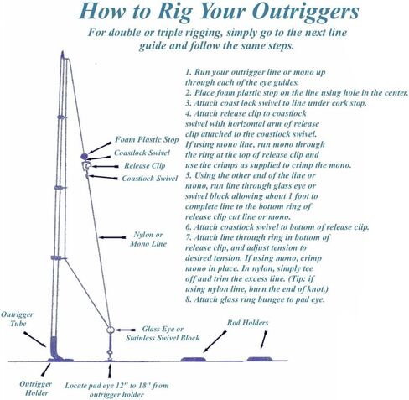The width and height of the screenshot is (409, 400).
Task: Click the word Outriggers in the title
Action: tap(305, 12)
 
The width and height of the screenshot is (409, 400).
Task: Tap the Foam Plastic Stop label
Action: tap(147, 139)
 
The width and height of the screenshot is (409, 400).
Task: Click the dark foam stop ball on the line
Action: tap(85, 156)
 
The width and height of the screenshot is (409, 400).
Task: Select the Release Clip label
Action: tap(145, 166)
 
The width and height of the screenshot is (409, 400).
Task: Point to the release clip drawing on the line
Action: tap(86, 166)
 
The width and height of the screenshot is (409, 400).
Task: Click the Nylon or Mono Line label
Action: tap(148, 239)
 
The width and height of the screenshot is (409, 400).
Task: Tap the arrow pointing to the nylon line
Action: tap(112, 237)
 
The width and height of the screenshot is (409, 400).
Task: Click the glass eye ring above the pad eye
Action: tap(110, 330)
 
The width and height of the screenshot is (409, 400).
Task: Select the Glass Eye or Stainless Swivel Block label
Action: tap(163, 333)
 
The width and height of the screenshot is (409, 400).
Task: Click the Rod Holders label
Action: tap(247, 323)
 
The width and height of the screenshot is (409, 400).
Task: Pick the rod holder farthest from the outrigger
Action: tap(260, 359)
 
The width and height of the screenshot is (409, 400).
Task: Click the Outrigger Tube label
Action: tap(18, 319)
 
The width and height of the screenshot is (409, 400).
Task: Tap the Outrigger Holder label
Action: tap(36, 388)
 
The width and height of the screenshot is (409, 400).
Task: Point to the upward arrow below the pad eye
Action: tap(110, 371)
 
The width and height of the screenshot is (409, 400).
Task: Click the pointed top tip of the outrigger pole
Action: tap(62, 51)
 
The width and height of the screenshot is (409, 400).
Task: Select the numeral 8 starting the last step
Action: tap(188, 299)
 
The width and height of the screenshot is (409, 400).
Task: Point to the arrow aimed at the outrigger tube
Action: tap(35, 340)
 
